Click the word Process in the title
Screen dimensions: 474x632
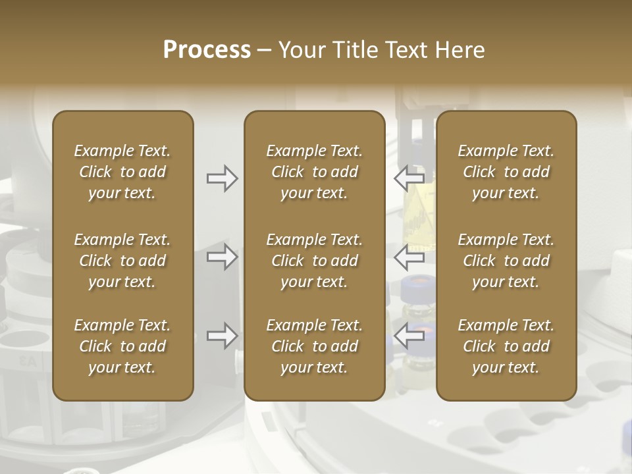207,50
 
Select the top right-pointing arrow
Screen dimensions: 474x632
222,178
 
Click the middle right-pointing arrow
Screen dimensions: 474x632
222,257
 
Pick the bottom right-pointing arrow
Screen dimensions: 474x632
222,336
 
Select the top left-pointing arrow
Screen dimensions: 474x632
409,178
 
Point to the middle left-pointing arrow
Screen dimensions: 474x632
409,257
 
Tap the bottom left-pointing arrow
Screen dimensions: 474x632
409,336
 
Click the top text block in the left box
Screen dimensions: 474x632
122,172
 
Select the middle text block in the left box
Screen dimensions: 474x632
122,261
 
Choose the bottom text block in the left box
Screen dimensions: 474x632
122,346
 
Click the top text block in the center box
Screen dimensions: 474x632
314,172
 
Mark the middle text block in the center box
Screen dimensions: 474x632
314,261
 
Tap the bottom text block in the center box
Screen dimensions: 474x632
314,346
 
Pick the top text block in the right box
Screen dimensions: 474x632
506,172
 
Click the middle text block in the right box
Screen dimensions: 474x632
506,261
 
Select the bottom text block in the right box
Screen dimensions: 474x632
506,346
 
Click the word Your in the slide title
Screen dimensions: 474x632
301,50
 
